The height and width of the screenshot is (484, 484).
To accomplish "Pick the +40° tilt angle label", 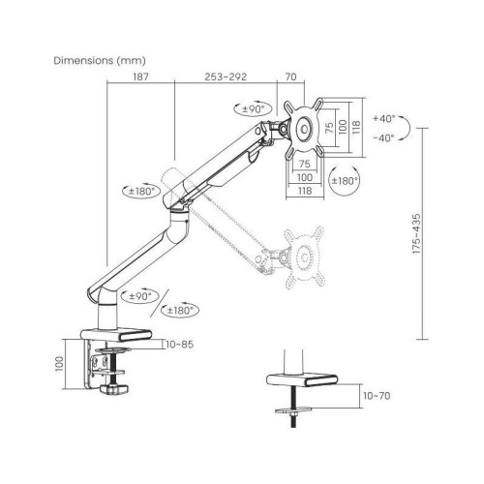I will [384, 118].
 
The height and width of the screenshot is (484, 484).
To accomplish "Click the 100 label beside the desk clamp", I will [60, 363].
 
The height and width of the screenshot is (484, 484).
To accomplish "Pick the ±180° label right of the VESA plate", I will [345, 181].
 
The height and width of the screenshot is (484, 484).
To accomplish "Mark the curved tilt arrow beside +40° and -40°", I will [410, 127].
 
